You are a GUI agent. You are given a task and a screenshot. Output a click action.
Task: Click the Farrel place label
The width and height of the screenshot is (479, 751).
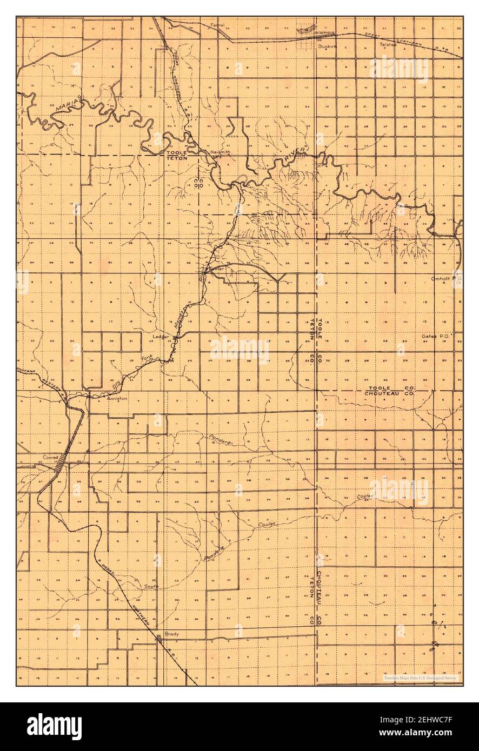[x=218, y=25]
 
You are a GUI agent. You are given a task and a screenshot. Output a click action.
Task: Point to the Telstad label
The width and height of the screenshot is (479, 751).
[x=388, y=44]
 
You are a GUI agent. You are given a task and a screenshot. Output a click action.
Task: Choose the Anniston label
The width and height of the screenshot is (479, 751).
[x=116, y=398]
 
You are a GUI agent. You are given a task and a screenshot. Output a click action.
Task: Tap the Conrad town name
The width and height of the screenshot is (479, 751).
[x=51, y=457]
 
